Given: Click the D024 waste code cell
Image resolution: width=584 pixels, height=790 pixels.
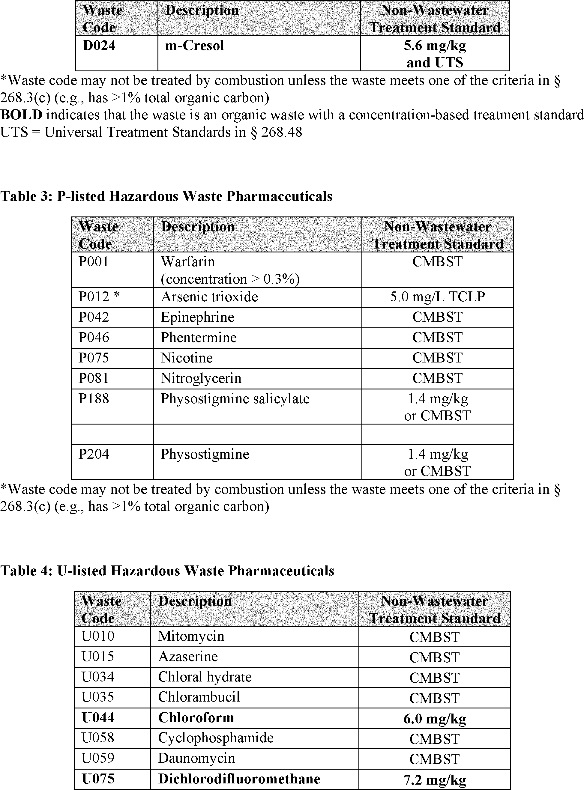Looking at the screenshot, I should tap(99, 46).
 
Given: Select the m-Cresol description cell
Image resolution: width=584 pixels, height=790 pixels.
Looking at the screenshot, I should tap(195, 46).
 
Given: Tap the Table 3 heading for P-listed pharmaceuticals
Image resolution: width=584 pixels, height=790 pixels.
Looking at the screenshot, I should tap(166, 196).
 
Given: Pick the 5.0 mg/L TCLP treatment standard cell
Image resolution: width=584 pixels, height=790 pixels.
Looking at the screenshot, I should tap(437, 297).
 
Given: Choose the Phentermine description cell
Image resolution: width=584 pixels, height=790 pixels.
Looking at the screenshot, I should tap(199, 338).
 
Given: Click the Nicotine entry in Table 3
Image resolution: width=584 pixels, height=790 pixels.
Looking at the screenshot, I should tap(187, 358).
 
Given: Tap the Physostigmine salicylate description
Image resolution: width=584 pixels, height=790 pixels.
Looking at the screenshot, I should tap(235, 399).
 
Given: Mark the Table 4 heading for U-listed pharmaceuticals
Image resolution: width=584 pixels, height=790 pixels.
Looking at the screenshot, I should tap(167, 571).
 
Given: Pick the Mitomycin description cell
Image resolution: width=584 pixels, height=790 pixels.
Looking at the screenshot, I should tap(191, 636).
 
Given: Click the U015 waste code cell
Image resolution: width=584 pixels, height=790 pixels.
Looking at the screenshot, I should tap(98, 657).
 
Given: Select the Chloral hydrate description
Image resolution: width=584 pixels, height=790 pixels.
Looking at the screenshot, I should tap(205, 677).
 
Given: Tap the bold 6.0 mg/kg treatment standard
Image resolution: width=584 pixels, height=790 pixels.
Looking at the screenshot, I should tap(434, 718).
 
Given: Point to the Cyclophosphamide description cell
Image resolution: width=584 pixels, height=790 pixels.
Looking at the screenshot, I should tap(216, 738).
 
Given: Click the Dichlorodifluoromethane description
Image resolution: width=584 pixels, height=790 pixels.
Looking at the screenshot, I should tap(239, 779).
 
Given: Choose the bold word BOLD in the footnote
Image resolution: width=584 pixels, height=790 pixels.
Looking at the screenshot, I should tap(21, 115).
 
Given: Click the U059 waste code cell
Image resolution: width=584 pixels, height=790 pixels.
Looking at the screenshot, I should tap(98, 758).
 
